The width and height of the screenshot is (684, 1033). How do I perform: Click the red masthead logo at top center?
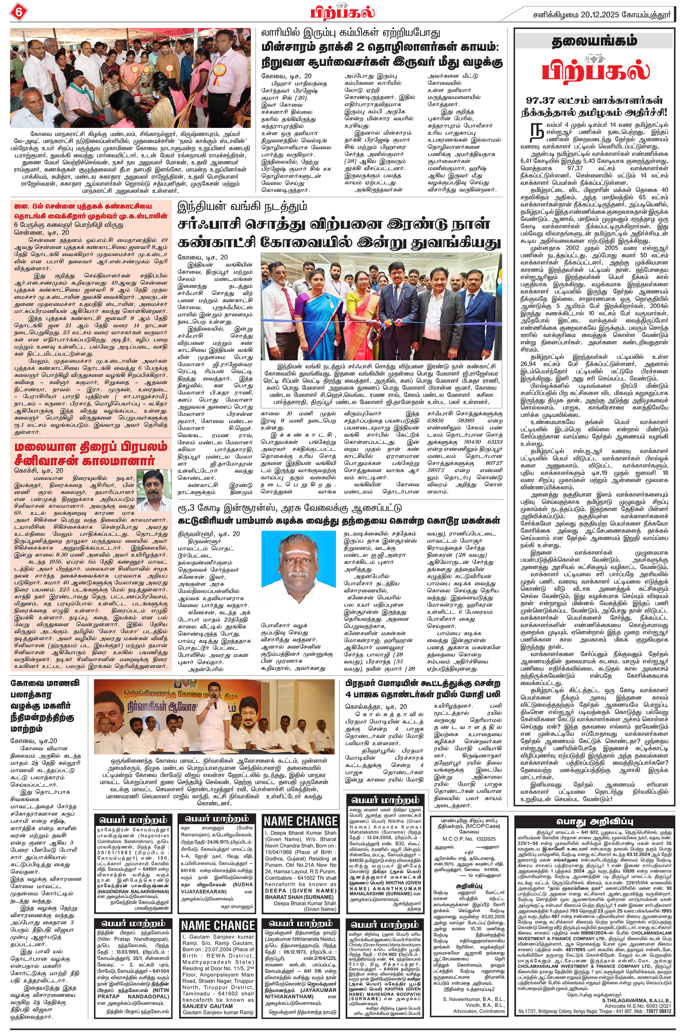(342, 11)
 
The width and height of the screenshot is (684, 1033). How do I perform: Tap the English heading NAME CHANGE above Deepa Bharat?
(301, 821)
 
